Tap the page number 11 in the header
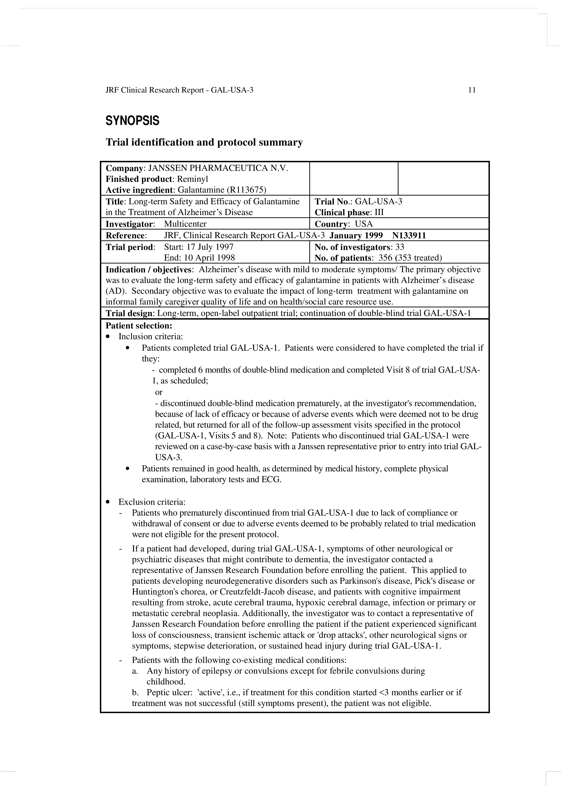[x=472, y=90]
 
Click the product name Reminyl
[x=192, y=179]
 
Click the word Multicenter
[x=185, y=224]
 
